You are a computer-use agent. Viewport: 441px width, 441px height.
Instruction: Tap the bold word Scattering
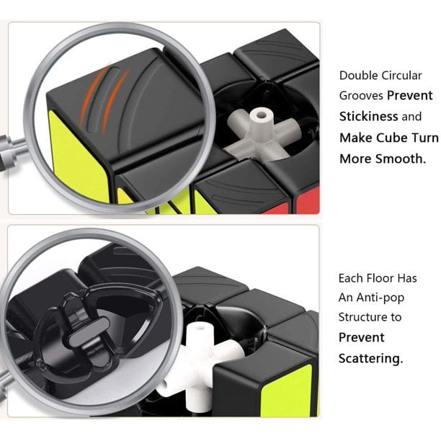[370, 358]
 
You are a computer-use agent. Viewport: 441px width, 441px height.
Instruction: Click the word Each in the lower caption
[351, 277]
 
